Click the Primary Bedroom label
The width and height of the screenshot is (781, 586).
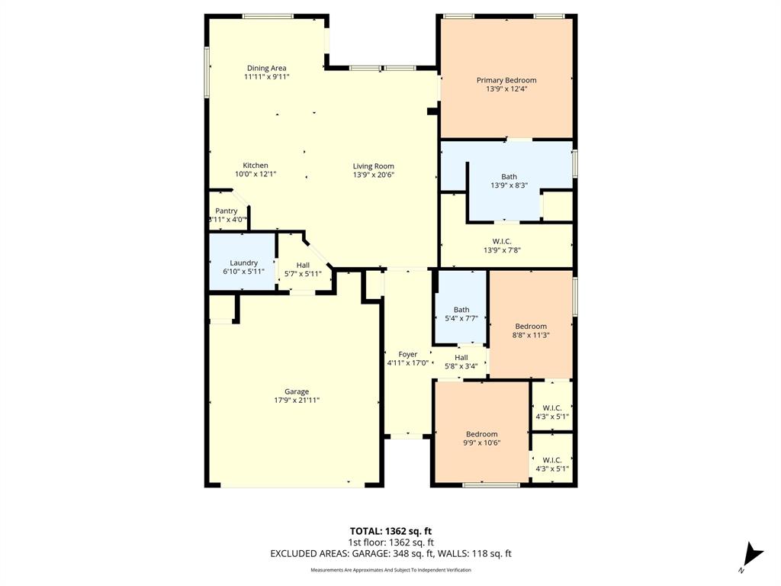click(506, 80)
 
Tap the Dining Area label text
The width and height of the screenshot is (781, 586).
click(266, 68)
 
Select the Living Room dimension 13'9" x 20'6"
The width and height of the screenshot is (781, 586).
click(373, 175)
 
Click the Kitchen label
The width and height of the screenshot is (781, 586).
click(256, 166)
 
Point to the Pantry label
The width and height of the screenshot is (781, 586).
click(227, 211)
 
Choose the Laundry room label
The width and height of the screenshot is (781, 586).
click(243, 263)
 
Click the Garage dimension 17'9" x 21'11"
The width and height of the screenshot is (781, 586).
click(297, 400)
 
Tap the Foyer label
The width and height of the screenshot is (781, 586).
click(408, 354)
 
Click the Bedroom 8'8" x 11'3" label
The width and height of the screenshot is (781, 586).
click(530, 327)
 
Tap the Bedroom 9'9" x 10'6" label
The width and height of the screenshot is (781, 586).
click(482, 434)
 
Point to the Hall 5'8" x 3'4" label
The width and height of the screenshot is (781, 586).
click(461, 357)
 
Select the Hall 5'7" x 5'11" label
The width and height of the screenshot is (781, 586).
click(303, 264)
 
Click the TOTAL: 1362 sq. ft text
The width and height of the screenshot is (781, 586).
click(390, 530)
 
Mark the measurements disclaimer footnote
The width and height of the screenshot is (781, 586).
click(390, 570)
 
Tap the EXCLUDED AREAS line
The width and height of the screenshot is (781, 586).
click(390, 554)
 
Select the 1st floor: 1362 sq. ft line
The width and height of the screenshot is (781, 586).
click(390, 543)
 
